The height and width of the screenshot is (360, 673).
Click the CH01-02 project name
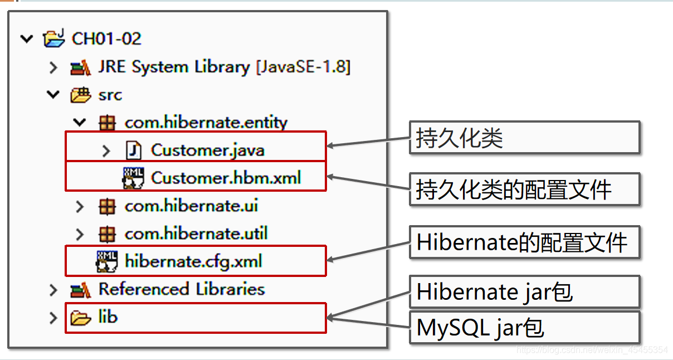pos(106,39)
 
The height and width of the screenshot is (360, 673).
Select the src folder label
pos(110,95)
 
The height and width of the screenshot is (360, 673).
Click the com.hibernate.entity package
pos(206,123)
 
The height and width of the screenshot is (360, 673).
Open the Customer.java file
pos(207,150)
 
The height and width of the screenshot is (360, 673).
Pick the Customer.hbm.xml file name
pos(226,178)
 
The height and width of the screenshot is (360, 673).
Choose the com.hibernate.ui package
pos(191,206)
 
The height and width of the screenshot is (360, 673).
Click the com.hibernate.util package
pos(196,233)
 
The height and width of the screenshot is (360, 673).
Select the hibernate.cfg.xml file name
pos(193,261)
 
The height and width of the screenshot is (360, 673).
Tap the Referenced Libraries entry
pos(181,289)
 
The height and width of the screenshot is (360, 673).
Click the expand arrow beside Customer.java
pos(107,150)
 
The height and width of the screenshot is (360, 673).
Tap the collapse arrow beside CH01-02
pos(26,39)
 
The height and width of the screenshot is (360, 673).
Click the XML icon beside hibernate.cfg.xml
pos(107,261)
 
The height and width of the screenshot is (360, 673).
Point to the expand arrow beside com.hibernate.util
pos(80,234)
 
